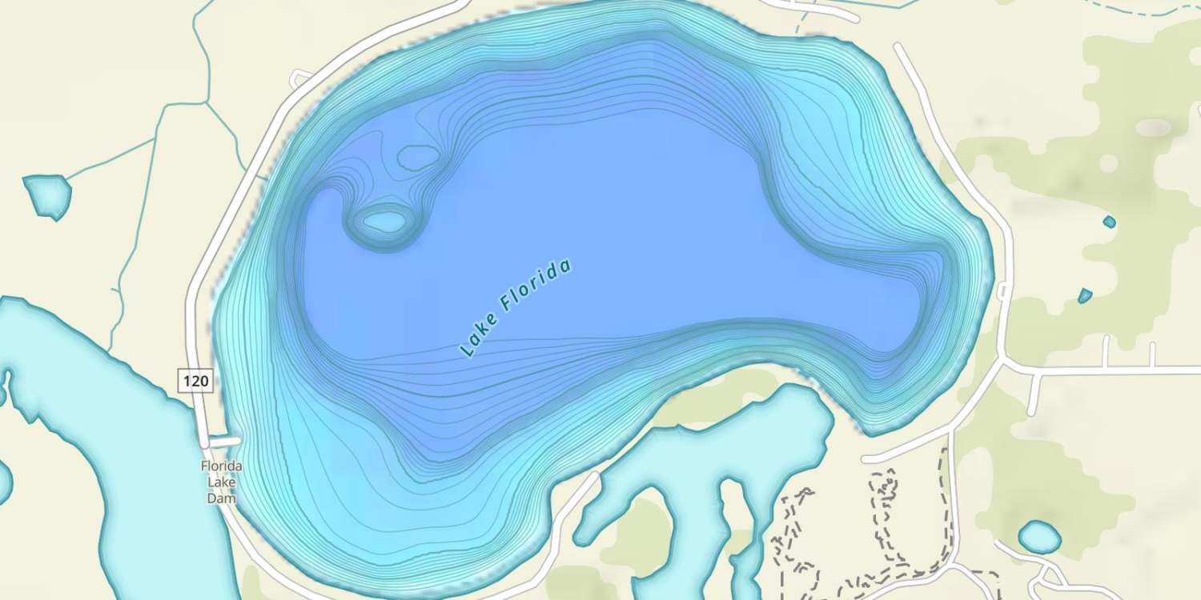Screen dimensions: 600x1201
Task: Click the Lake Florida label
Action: click(516, 308)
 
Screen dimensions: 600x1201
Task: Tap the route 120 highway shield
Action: click(195, 381)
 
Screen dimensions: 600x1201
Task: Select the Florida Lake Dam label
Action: click(222, 482)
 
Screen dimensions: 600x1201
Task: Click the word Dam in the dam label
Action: click(222, 498)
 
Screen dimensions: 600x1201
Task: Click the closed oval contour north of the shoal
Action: click(418, 158)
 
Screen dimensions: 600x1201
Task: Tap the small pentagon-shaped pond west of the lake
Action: click(47, 195)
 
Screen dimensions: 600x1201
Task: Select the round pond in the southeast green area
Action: click(1039, 537)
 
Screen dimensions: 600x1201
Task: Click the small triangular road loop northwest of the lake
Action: click(301, 78)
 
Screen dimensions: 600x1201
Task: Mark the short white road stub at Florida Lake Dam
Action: click(224, 441)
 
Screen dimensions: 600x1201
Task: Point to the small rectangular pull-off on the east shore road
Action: click(1002, 291)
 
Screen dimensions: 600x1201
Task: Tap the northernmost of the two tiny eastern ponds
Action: click(1109, 222)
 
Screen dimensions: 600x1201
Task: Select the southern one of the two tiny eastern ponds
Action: click(1085, 296)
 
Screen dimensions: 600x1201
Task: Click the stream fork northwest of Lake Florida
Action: click(207, 102)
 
